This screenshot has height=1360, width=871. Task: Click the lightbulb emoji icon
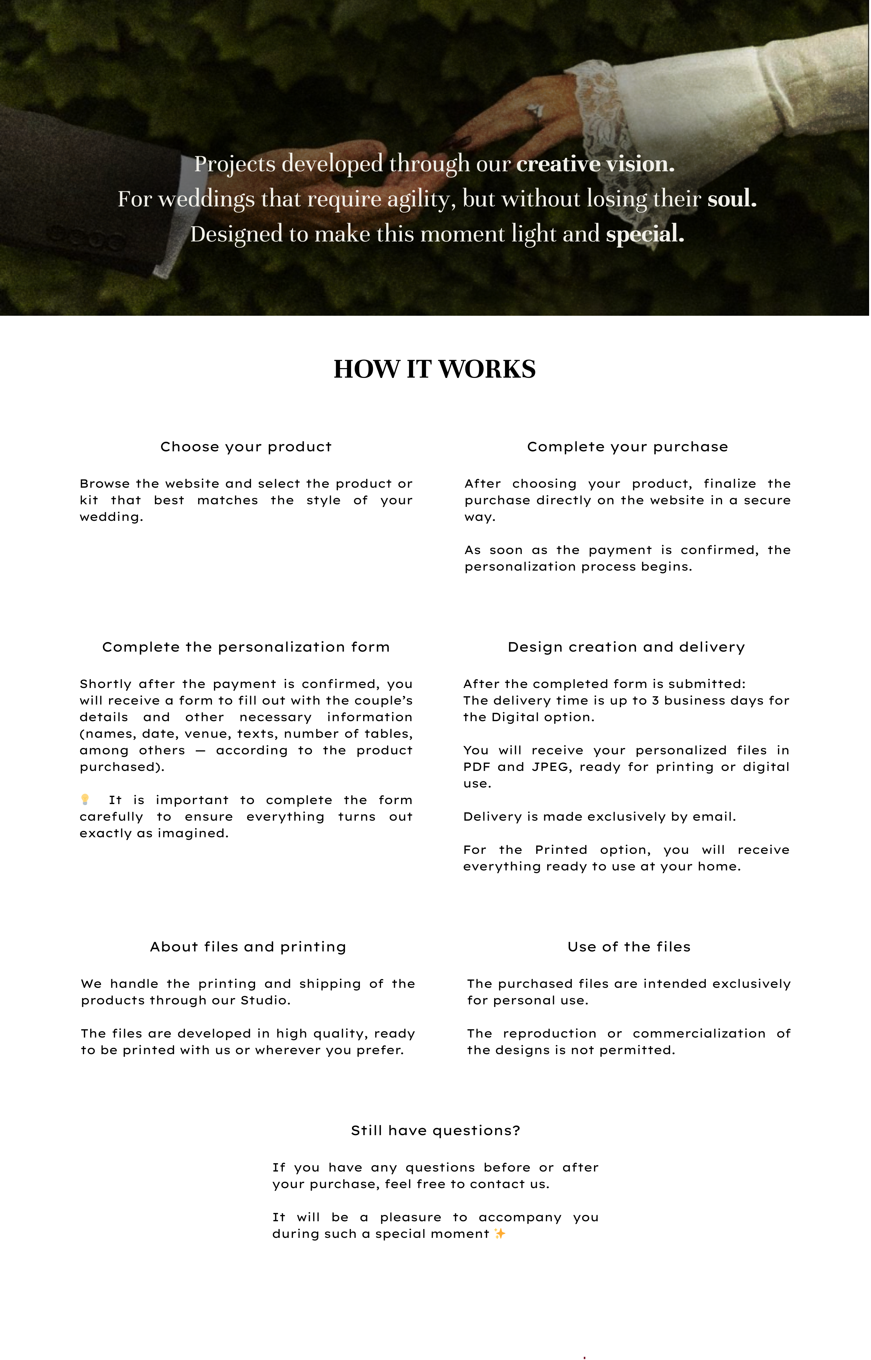pyautogui.click(x=85, y=799)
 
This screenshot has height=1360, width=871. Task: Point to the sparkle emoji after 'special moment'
pyautogui.click(x=499, y=1234)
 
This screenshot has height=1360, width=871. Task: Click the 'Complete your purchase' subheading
pyautogui.click(x=627, y=447)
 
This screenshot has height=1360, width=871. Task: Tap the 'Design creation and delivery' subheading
pyautogui.click(x=626, y=647)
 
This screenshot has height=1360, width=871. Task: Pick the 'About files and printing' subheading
pyautogui.click(x=248, y=947)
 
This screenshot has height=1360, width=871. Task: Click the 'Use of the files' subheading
pyautogui.click(x=629, y=947)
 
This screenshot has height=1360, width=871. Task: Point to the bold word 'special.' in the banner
pyautogui.click(x=645, y=234)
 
